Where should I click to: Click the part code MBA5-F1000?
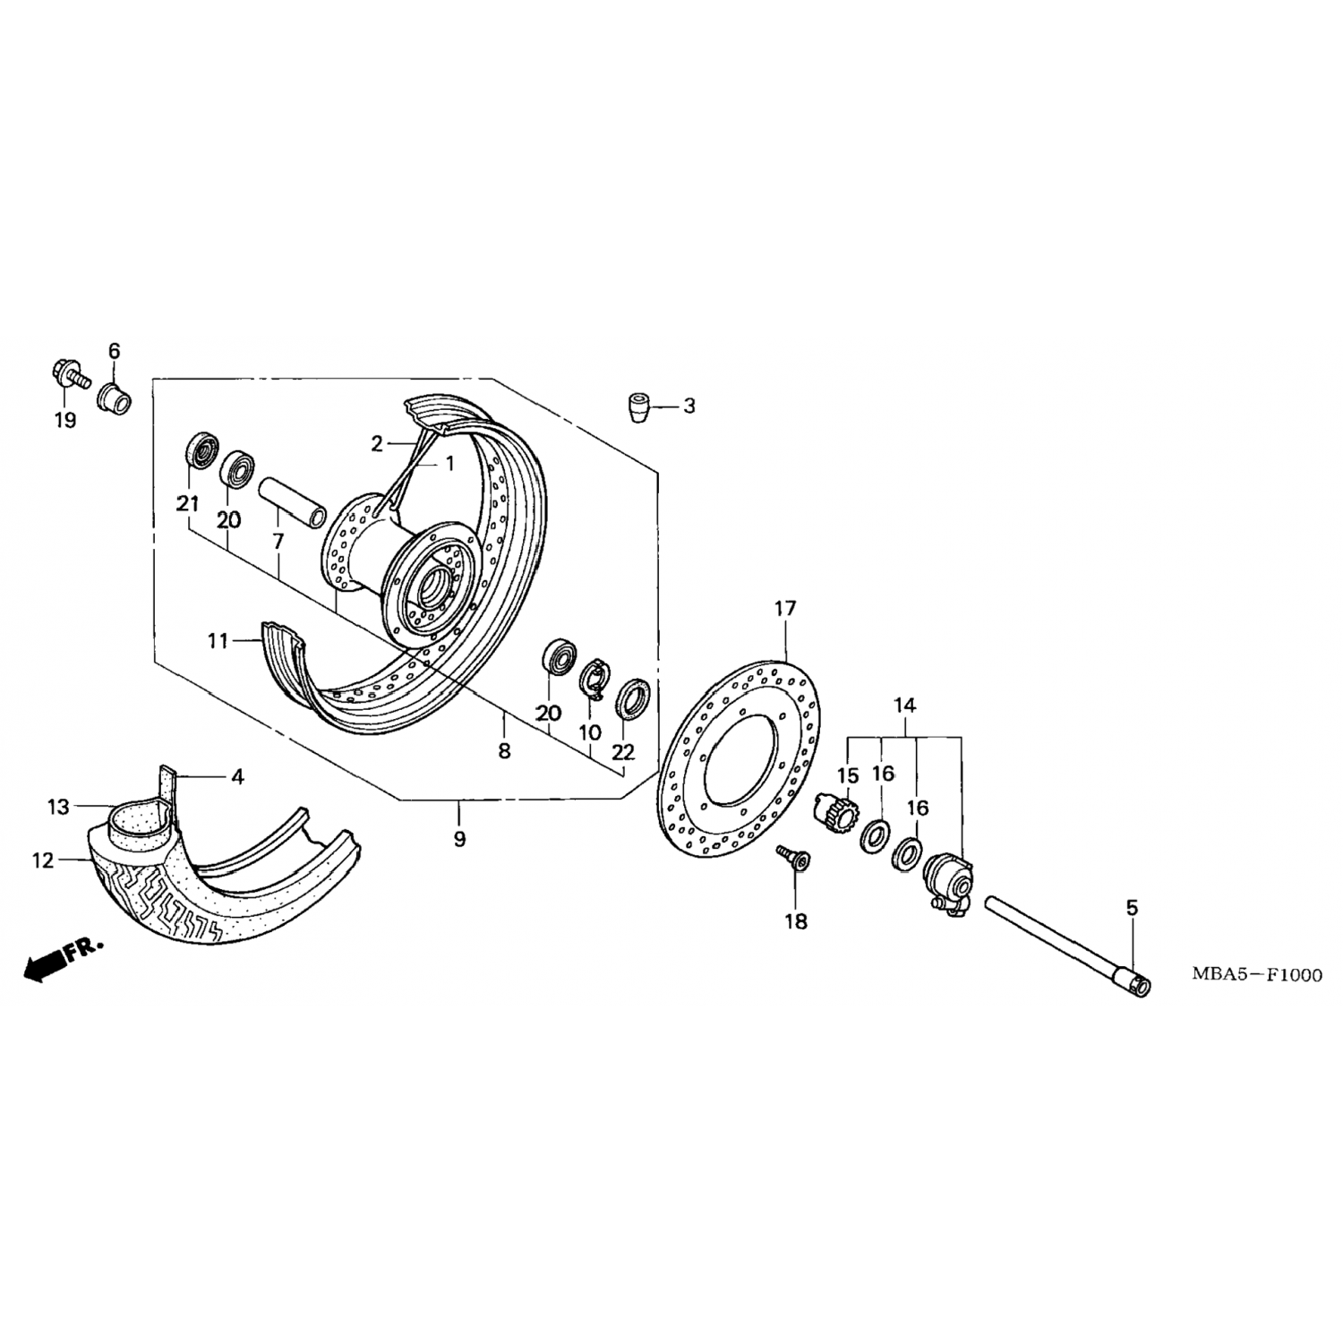[1256, 975]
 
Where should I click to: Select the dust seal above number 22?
[633, 698]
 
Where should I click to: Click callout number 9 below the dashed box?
[459, 839]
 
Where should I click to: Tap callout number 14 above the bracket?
[904, 706]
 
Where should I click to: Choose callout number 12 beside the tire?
[43, 861]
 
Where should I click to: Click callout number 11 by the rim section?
[218, 641]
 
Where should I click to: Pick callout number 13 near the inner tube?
[58, 808]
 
